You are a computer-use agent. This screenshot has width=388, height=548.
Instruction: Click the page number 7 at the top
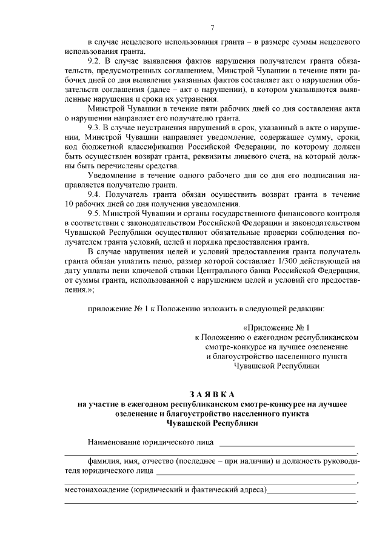[212, 28]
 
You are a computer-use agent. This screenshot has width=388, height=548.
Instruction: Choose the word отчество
[162, 461]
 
